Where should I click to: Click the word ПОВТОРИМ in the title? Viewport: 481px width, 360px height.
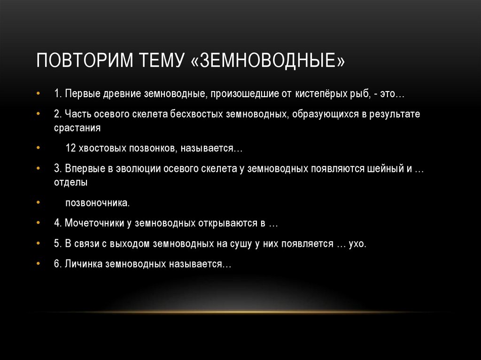(x=85, y=62)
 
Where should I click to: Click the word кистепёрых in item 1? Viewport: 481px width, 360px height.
(x=319, y=94)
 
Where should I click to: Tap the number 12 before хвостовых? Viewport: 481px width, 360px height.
(x=70, y=148)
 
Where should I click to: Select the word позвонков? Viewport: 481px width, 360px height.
(x=156, y=148)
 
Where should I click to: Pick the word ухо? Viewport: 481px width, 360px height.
(x=357, y=244)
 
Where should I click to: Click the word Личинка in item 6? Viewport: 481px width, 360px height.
(x=83, y=264)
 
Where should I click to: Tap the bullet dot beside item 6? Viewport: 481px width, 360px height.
(x=38, y=264)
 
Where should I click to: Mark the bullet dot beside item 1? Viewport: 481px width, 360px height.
(x=38, y=94)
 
